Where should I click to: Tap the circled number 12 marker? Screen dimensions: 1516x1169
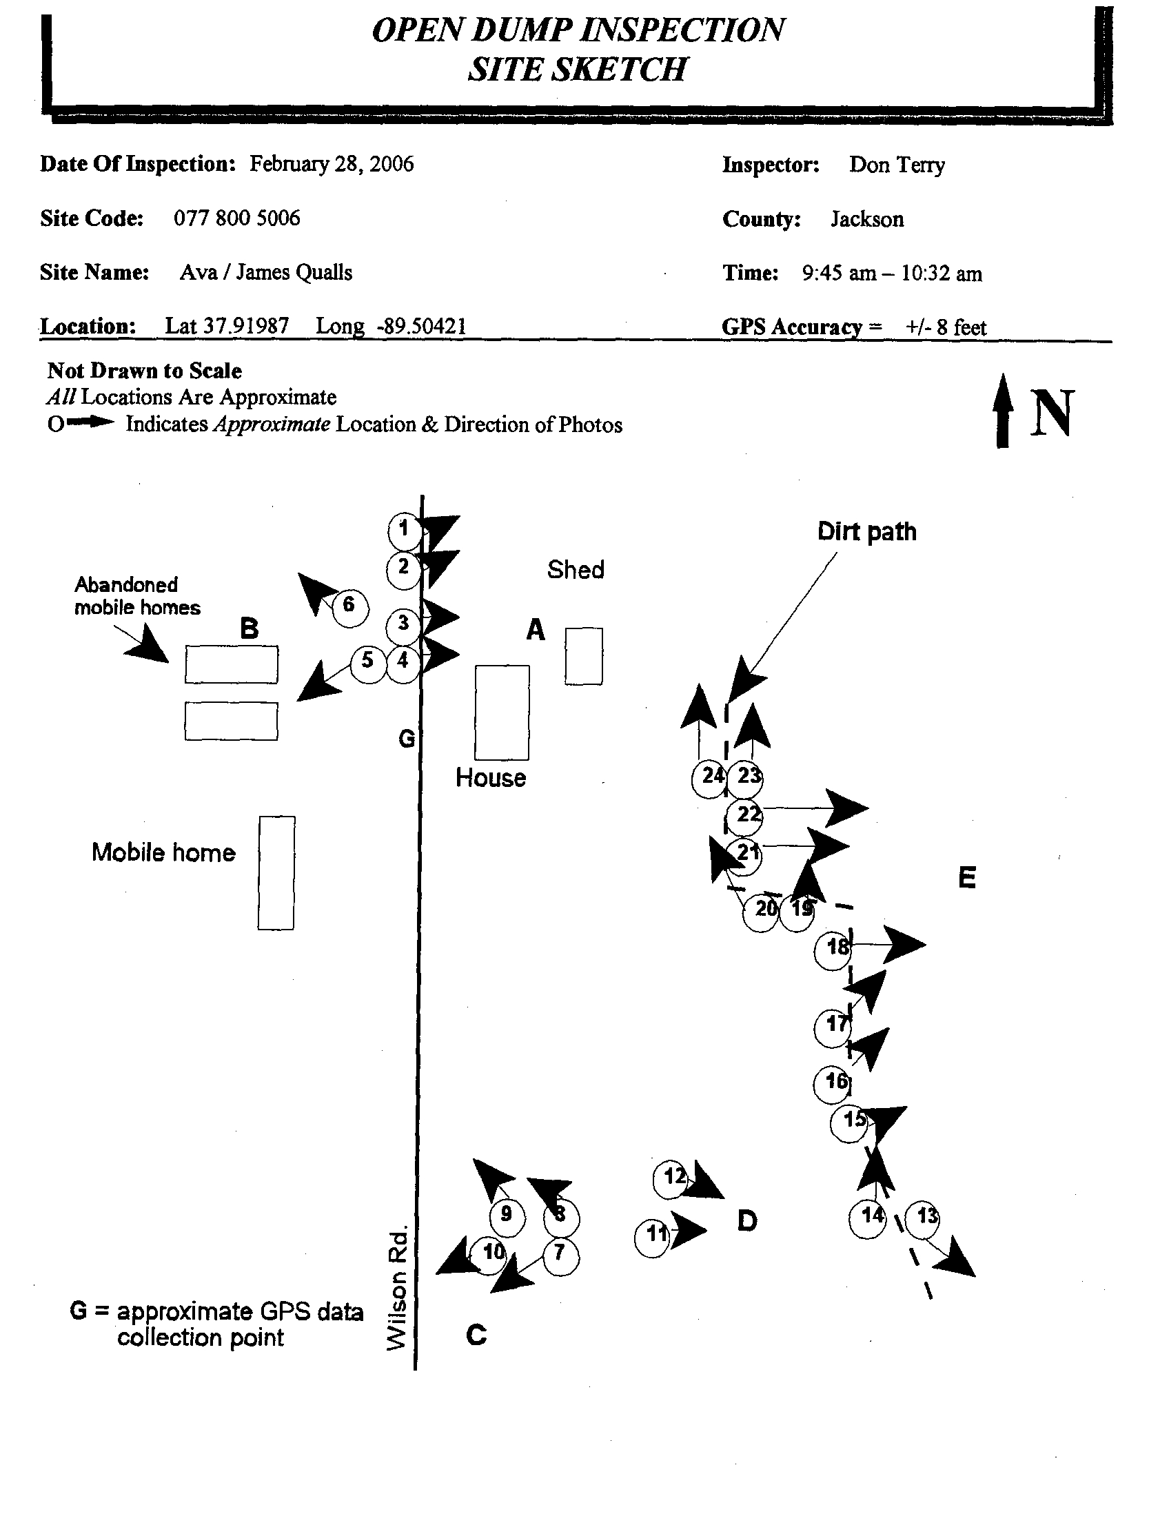point(672,1177)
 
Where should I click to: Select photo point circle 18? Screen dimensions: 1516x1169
point(833,947)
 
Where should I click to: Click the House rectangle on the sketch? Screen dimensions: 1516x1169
point(502,713)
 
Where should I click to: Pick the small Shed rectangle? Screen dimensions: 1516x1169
point(583,656)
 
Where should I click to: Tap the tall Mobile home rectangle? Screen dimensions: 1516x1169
point(276,872)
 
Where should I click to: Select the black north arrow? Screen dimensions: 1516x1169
point(1002,411)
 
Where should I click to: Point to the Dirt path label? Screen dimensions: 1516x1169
point(866,532)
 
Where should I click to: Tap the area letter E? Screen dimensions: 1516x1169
point(967,877)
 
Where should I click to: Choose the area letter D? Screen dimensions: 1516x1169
point(747,1220)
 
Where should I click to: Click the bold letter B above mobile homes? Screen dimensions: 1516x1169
point(250,628)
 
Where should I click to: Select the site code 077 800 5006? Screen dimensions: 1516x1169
point(236,218)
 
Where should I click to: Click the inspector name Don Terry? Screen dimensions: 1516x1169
point(896,165)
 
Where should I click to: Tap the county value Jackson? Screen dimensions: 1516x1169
point(867,219)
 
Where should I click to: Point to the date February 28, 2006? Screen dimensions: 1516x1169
point(331,164)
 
